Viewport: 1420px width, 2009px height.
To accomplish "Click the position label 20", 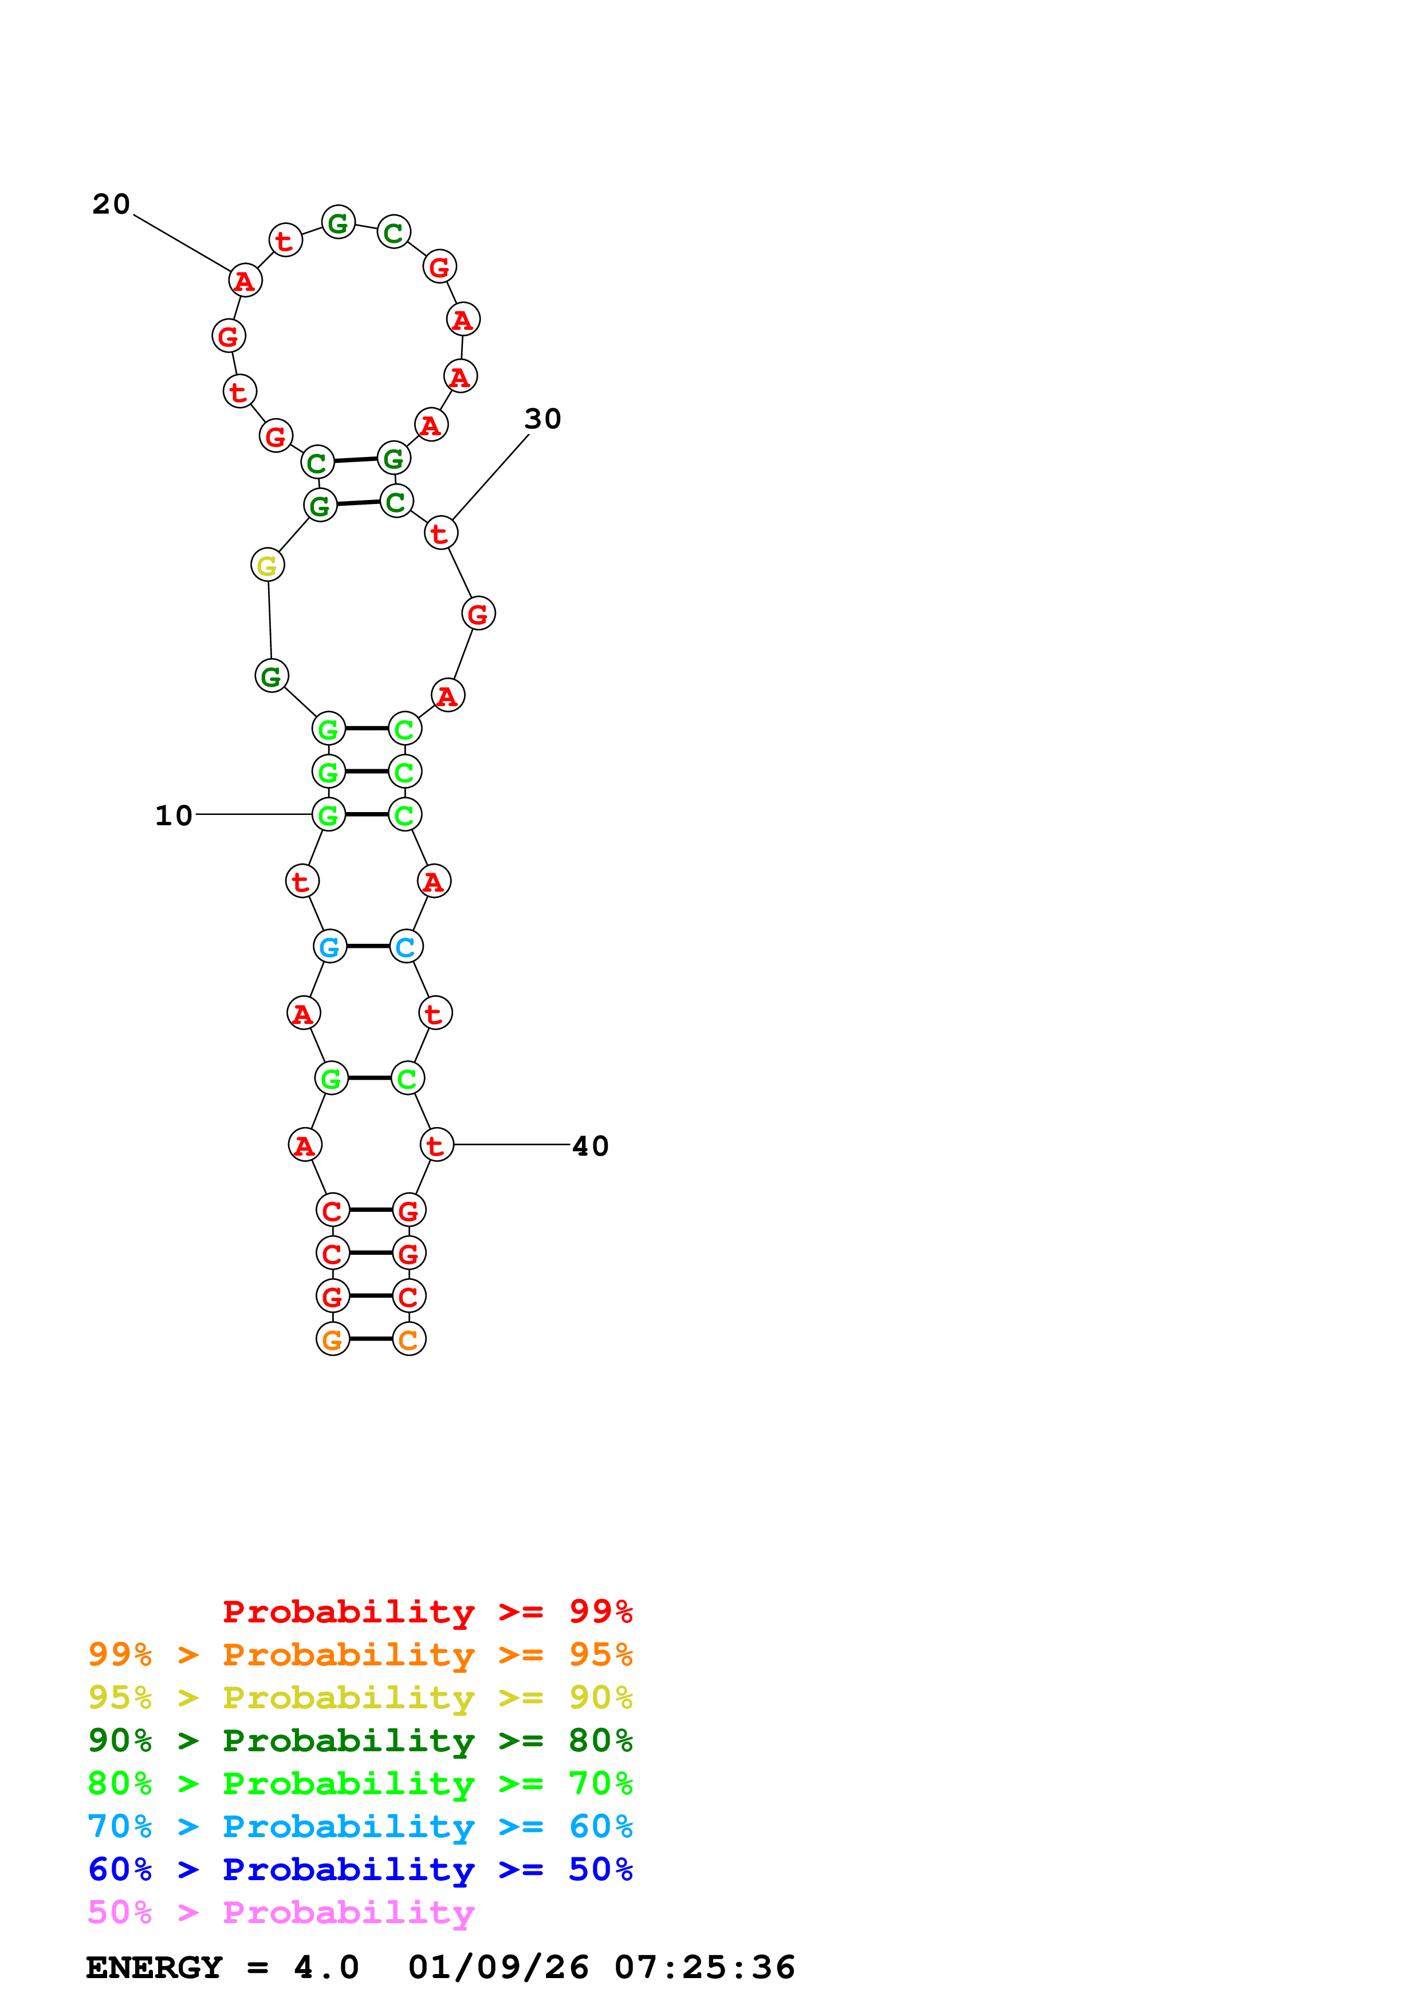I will [x=111, y=205].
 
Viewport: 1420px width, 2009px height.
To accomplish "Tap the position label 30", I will [x=542, y=419].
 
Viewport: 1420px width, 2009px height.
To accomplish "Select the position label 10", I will [x=173, y=816].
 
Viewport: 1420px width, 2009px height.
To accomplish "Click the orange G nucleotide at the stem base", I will [x=332, y=1339].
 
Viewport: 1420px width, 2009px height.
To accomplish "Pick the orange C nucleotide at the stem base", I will [x=408, y=1339].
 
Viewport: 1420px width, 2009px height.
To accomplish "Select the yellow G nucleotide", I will [x=267, y=565].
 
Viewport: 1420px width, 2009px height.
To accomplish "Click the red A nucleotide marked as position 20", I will [x=245, y=281].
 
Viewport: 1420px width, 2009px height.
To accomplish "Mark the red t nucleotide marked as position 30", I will [x=440, y=533].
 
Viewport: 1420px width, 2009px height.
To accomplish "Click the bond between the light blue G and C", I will [x=368, y=947].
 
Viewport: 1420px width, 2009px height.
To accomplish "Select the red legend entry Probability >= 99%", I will [x=427, y=1612].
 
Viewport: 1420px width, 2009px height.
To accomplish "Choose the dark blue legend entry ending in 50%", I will [x=360, y=1869].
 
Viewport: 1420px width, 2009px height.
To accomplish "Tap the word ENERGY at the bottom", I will [x=154, y=1967].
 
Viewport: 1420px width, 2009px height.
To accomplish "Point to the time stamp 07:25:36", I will [x=705, y=1967].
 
